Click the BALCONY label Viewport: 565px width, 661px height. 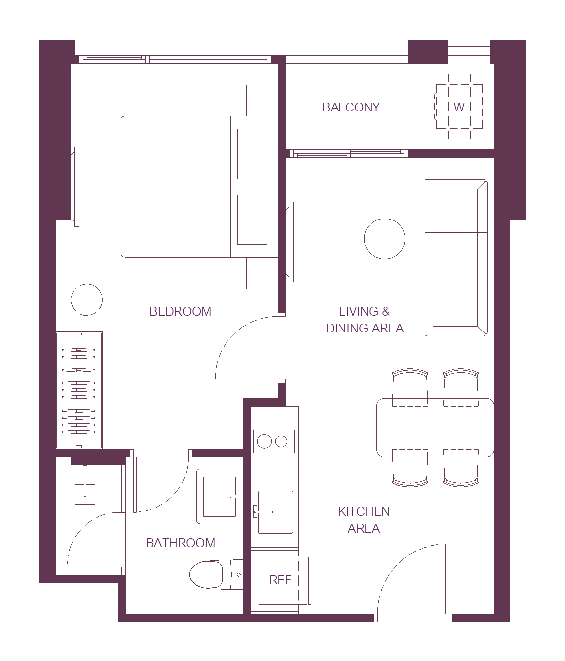pyautogui.click(x=351, y=107)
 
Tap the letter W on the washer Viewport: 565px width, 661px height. pyautogui.click(x=459, y=107)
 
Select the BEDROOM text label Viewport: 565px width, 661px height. pyautogui.click(x=180, y=311)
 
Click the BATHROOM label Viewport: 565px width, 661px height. pyautogui.click(x=180, y=543)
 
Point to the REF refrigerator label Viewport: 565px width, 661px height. pyautogui.click(x=280, y=580)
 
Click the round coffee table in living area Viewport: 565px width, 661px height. pyautogui.click(x=385, y=239)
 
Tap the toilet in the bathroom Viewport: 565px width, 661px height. pyautogui.click(x=216, y=575)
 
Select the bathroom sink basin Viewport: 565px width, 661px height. pyautogui.click(x=220, y=496)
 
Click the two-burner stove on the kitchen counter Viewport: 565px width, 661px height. pyautogui.click(x=274, y=441)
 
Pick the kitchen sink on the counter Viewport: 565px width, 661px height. pyautogui.click(x=275, y=512)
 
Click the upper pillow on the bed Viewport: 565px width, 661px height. pyautogui.click(x=252, y=154)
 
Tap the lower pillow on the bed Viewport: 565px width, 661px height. pyautogui.click(x=252, y=220)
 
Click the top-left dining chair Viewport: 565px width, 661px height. pyautogui.click(x=410, y=388)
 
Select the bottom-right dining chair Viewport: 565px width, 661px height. pyautogui.click(x=461, y=468)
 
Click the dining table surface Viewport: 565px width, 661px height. pyautogui.click(x=435, y=428)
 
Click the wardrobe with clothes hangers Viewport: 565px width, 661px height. pyautogui.click(x=79, y=390)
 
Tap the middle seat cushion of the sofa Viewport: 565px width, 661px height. pyautogui.click(x=451, y=257)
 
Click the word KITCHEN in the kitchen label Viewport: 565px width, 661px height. pyautogui.click(x=364, y=511)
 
